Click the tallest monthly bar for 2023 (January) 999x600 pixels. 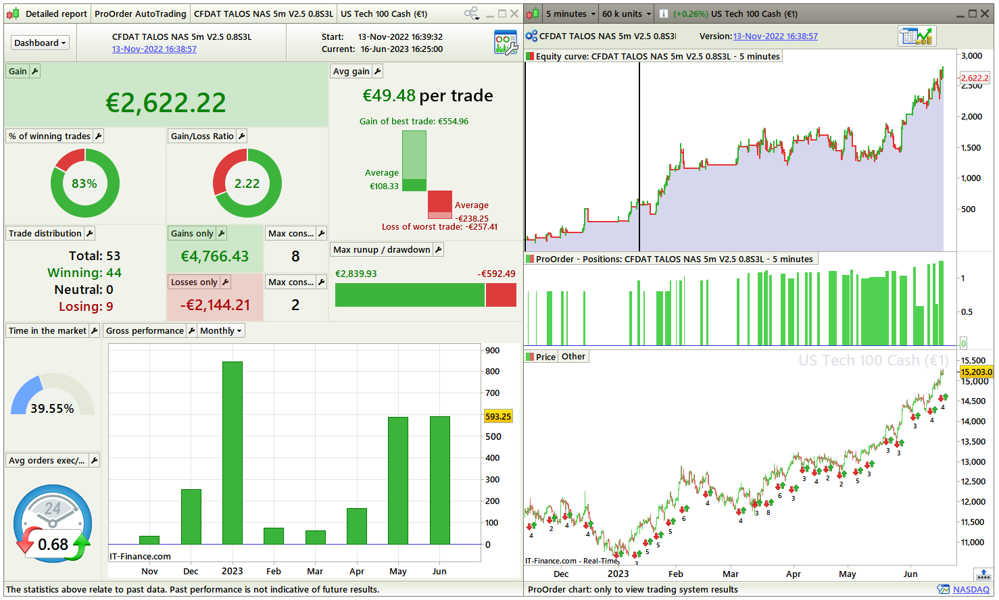[232, 453]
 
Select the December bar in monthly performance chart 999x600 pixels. [191, 517]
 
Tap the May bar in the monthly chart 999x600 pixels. [397, 480]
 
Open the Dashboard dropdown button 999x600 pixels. [41, 43]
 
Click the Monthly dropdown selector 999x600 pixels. [221, 330]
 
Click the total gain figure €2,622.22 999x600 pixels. [166, 103]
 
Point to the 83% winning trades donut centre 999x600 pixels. [84, 183]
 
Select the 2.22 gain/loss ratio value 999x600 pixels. [247, 183]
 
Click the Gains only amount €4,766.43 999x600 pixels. [214, 256]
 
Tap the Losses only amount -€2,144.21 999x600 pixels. [214, 305]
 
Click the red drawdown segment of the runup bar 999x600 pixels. [501, 295]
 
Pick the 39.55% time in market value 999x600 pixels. [52, 409]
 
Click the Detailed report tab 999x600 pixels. [55, 14]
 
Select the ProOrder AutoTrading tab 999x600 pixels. [140, 14]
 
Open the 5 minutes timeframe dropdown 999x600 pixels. [571, 14]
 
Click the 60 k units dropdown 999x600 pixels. [627, 14]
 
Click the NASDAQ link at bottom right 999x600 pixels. [971, 590]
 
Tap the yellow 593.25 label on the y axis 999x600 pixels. [498, 416]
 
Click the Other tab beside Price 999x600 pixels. [573, 356]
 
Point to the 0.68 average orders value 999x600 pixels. [53, 544]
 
